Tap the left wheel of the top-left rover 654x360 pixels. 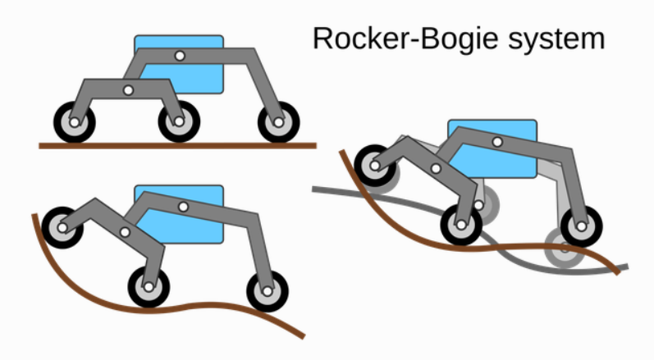coord(75,123)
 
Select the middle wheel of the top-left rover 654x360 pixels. coord(178,123)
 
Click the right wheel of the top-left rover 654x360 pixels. coord(277,123)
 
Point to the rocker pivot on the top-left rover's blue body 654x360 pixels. coord(180,56)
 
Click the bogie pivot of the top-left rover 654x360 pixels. coord(127,89)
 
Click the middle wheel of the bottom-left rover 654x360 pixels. coord(149,287)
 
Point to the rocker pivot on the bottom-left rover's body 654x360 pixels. coord(183,206)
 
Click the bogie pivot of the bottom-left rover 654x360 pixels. coord(126,232)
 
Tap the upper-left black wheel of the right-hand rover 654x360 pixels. coord(375,164)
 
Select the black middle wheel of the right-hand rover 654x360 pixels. coord(461,223)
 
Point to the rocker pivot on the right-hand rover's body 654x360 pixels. coord(497,142)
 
